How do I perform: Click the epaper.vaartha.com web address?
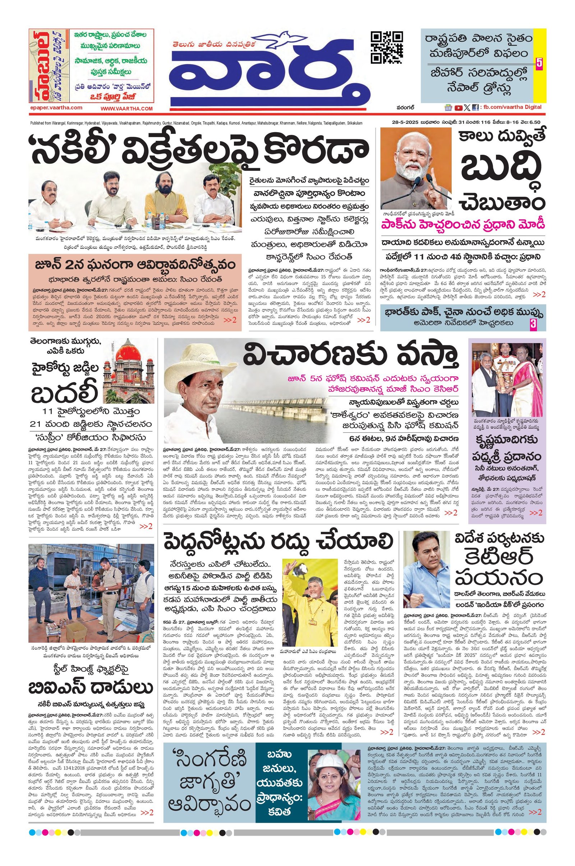pos(55,108)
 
